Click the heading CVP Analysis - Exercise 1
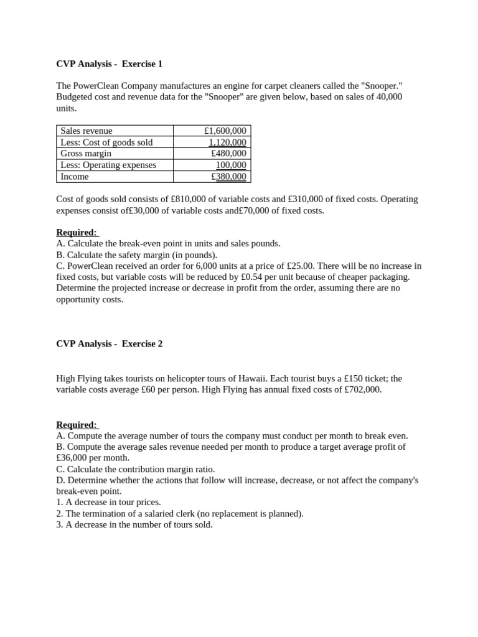[109, 63]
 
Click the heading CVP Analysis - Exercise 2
[109, 343]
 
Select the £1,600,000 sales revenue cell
[225, 131]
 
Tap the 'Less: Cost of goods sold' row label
[106, 142]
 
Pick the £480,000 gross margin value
[228, 153]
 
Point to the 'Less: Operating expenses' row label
[108, 165]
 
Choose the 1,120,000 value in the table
[227, 142]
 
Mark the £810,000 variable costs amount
[190, 199]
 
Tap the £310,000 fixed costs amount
[307, 199]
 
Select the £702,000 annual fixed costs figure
[361, 389]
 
